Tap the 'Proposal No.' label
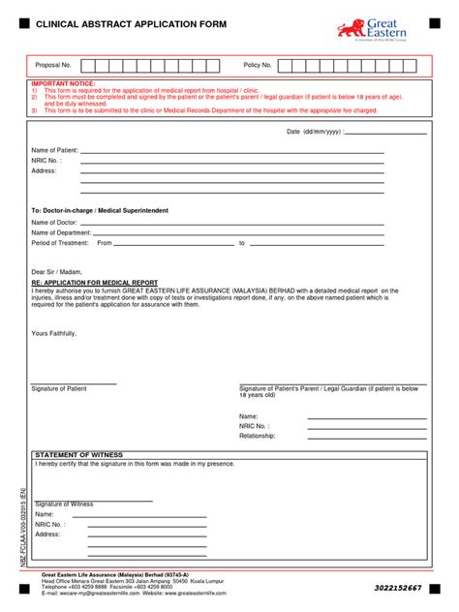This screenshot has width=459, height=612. [x=53, y=65]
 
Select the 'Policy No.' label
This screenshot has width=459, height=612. [x=258, y=65]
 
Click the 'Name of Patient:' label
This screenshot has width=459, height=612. [x=55, y=151]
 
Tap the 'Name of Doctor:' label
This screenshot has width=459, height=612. [x=54, y=223]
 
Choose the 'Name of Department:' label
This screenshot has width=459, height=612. [x=63, y=232]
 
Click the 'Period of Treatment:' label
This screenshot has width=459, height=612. [x=62, y=243]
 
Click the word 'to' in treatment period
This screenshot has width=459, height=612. [x=242, y=243]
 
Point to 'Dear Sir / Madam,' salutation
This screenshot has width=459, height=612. [x=57, y=272]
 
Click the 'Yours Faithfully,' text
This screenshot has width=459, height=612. [x=53, y=332]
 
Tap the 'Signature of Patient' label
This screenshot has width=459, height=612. [x=59, y=388]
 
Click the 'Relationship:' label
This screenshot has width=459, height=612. [x=258, y=436]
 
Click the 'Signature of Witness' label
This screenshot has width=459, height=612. [x=65, y=504]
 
